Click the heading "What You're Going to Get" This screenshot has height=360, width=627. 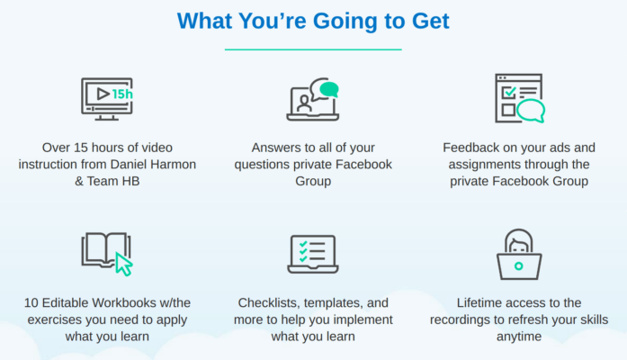point(313,20)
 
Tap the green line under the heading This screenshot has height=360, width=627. point(313,49)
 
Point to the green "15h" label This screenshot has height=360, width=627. point(122,93)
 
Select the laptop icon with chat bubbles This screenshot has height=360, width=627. point(312,100)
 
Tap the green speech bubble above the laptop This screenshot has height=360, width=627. point(329,89)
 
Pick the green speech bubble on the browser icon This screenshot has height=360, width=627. point(531,111)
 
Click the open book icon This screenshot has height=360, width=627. point(106,253)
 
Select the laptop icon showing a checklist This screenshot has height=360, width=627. point(312,254)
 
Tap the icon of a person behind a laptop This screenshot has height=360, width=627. point(519,254)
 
